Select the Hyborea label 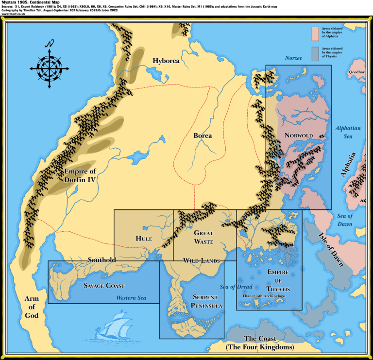tap(166, 61)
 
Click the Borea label tap(202, 136)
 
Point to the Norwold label tap(298, 135)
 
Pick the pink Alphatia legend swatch tap(315, 32)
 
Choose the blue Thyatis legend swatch tap(315, 53)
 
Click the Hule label tap(144, 239)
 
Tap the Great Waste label tap(203, 237)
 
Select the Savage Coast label tap(104, 286)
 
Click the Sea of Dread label tap(236, 287)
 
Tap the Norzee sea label tap(293, 58)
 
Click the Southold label tap(102, 260)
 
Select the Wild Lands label tap(201, 261)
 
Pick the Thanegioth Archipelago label tap(264, 294)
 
